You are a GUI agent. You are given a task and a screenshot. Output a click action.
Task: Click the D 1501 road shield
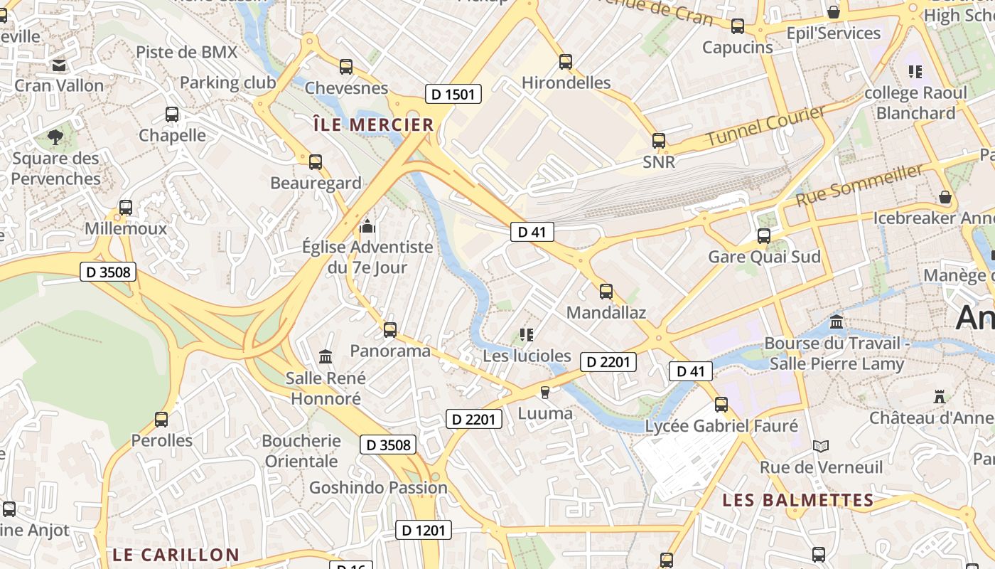[x=453, y=94]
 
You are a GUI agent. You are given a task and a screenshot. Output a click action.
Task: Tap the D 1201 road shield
[x=423, y=530]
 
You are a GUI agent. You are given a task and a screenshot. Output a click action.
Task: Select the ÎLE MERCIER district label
[x=374, y=125]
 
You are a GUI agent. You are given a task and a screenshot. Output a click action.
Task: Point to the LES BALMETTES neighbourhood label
[x=797, y=500]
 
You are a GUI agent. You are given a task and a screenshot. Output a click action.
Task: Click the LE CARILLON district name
[x=176, y=555]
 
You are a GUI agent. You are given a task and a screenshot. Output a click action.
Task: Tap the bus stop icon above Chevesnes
[x=346, y=67]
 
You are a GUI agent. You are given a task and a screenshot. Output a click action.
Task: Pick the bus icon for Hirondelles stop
[x=566, y=62]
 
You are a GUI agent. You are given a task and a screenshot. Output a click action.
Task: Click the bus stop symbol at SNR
[x=659, y=141]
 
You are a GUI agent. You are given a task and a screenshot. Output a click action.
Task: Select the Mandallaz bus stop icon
[x=606, y=292]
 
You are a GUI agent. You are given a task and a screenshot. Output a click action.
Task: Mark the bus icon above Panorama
[x=390, y=330]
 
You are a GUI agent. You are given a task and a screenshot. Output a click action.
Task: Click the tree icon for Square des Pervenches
[x=55, y=137]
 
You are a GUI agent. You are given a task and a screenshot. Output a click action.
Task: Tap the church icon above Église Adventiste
[x=367, y=227]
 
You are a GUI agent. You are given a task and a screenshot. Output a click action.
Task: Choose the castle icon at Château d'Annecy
[x=940, y=397]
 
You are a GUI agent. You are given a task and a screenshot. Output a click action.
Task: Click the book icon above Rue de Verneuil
[x=821, y=447]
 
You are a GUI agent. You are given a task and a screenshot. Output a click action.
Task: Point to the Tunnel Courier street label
[x=765, y=126]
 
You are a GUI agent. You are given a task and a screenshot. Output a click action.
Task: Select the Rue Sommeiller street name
[x=860, y=185]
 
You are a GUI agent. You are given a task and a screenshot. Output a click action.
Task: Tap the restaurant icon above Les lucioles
[x=527, y=334]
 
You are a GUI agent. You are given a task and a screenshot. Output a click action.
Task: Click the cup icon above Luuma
[x=545, y=393]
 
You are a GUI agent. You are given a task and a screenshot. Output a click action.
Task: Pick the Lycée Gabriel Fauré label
[x=721, y=426]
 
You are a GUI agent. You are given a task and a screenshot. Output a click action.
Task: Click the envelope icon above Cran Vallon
[x=59, y=65]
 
